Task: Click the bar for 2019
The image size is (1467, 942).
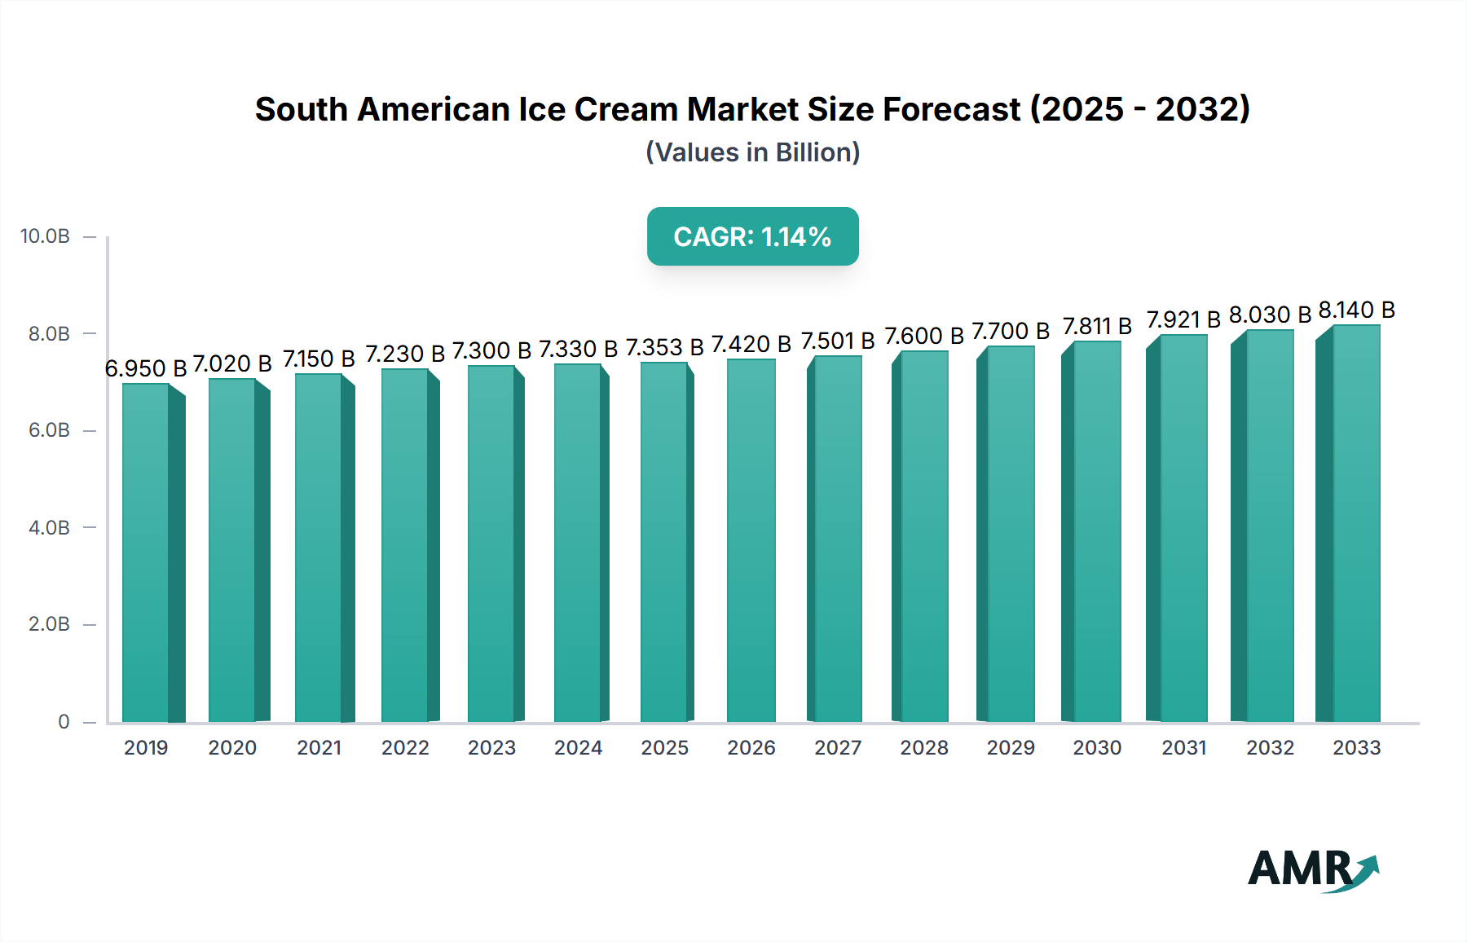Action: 147,554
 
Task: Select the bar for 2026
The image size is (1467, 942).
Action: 751,542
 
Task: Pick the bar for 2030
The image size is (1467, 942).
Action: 1096,534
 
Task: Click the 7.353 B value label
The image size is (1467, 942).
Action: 664,348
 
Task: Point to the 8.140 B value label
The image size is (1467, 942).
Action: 1357,310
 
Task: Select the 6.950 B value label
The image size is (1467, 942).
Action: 146,368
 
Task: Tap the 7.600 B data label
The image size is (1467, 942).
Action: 924,337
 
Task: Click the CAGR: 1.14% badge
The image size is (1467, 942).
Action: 752,236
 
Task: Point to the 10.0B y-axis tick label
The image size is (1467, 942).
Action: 45,236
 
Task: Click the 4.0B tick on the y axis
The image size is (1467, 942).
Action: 49,527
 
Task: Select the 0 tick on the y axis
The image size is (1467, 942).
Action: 64,721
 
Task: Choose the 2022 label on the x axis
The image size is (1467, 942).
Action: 405,747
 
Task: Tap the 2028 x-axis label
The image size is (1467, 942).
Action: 924,747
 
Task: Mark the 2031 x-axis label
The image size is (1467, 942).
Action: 1183,747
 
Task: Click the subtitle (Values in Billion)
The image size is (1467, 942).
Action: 752,152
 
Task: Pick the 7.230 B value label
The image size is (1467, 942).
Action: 405,354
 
